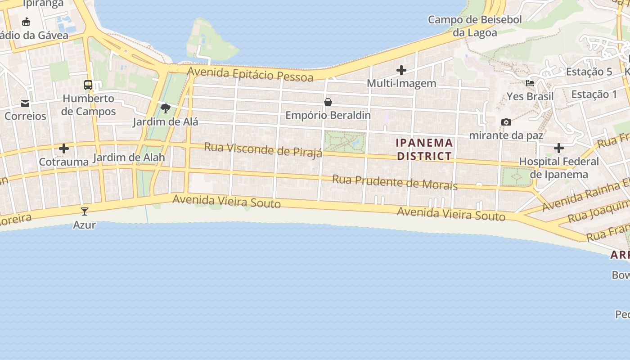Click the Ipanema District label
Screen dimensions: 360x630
424,149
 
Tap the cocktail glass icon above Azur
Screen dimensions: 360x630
85,211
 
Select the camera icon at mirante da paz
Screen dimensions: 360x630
506,122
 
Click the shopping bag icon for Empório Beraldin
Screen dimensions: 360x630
328,102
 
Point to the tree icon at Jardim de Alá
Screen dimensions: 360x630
166,108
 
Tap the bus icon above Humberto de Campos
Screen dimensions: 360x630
88,85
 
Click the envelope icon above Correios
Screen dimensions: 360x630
25,104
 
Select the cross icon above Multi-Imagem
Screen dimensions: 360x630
401,70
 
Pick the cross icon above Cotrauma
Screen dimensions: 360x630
64,148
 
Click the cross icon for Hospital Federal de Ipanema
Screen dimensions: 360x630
559,148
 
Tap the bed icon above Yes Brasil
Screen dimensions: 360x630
530,83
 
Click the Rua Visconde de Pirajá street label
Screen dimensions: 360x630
263,149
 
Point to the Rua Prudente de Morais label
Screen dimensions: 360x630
395,182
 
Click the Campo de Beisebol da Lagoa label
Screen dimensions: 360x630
475,26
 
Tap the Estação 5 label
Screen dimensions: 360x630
589,72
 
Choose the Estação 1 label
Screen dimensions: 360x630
594,94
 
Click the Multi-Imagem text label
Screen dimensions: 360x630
401,83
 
